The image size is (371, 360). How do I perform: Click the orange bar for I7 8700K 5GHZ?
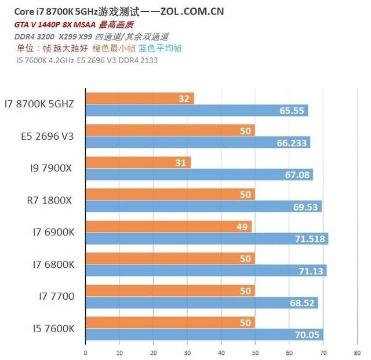139,99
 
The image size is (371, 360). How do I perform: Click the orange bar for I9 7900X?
137,163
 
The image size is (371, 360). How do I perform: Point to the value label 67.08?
296,175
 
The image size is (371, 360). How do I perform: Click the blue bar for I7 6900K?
206,238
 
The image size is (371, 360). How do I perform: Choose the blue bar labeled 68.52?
201,303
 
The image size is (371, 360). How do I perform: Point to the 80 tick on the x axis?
357,352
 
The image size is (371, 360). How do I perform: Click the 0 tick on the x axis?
85,352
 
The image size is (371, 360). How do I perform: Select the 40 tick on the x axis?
221,352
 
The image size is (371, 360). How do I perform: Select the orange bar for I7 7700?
170,290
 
